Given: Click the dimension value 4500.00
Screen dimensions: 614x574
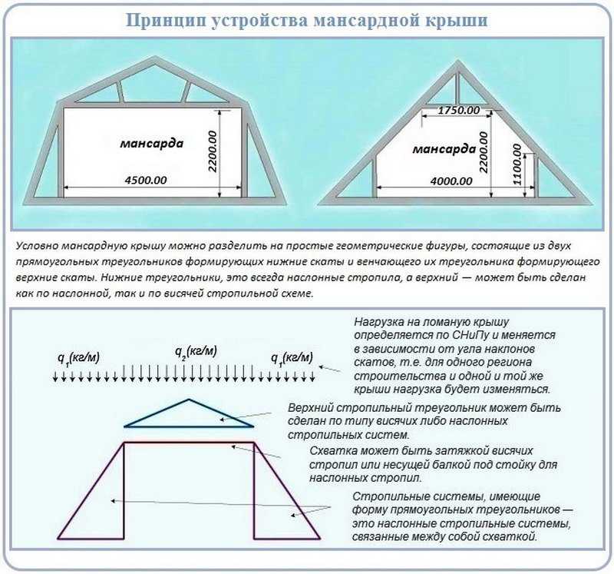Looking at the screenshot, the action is point(146,180).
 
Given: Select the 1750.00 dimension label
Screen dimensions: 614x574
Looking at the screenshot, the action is point(458,110).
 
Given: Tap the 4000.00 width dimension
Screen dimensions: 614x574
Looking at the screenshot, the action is point(451,181).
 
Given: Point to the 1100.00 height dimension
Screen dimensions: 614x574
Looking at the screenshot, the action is point(517,164).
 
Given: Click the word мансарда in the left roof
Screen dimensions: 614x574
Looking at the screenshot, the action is point(151,143).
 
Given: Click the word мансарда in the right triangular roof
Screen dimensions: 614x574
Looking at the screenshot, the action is point(444,149).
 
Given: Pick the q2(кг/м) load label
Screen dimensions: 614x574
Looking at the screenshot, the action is point(196,351).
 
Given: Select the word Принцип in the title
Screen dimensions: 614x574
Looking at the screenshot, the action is point(166,21).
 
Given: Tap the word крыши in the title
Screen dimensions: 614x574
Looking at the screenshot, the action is point(456,21).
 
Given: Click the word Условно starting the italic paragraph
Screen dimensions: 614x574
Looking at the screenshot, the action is point(37,246).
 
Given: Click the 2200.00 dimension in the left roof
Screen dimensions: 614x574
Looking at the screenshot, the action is point(213,151).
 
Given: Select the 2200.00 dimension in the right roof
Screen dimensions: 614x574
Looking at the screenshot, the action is point(484,152).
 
